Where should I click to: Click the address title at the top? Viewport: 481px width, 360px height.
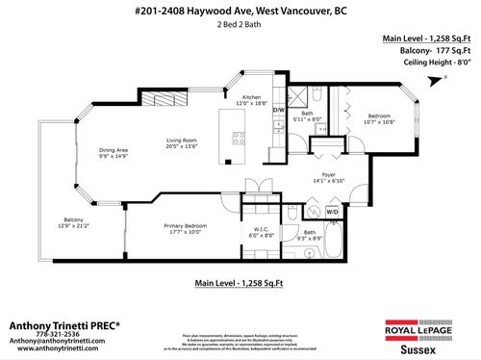pyautogui.click(x=240, y=10)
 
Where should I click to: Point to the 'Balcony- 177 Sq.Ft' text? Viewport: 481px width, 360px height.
pyautogui.click(x=421, y=51)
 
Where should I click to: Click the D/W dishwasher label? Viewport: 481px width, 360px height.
pyautogui.click(x=280, y=111)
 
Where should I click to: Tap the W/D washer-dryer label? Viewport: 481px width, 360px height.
pyautogui.click(x=333, y=211)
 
